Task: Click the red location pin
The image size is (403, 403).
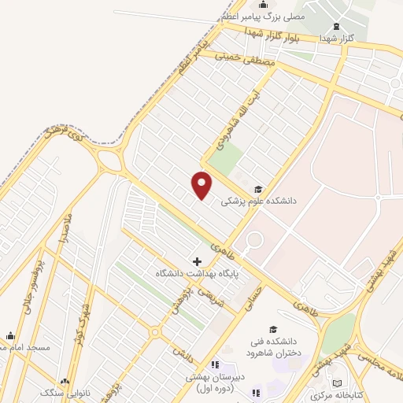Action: (202, 185)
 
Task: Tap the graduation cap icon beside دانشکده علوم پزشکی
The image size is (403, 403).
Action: (259, 189)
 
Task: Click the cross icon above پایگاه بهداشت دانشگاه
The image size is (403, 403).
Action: (197, 261)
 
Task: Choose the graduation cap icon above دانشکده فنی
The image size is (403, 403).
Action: (273, 329)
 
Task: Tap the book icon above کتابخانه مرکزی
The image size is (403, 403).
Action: (338, 383)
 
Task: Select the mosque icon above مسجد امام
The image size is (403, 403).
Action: (10, 335)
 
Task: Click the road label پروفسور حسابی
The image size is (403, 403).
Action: (24, 294)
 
